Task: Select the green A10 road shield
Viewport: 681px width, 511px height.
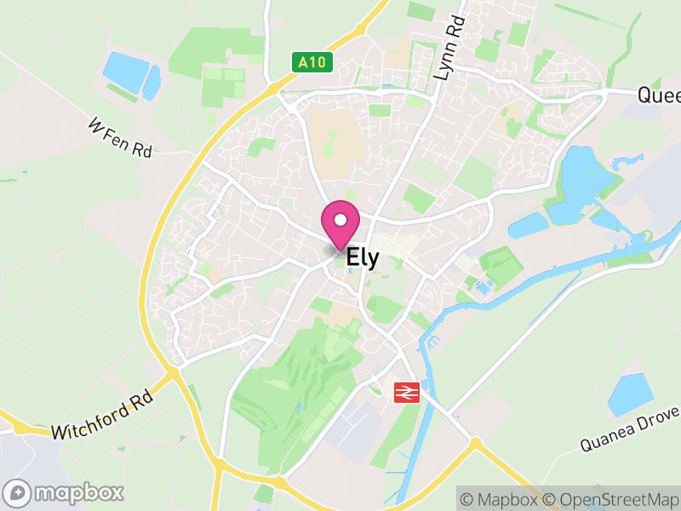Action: coord(312,62)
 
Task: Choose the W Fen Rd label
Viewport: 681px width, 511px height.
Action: coord(120,137)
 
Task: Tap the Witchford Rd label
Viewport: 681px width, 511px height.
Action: coord(101,416)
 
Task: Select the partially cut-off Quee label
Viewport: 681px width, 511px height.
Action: coord(660,95)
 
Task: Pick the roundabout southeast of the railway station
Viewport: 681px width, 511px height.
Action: coord(473,444)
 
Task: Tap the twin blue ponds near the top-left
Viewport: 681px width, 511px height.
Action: coord(131,74)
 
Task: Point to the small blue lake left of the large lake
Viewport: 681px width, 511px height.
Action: coord(528,225)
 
